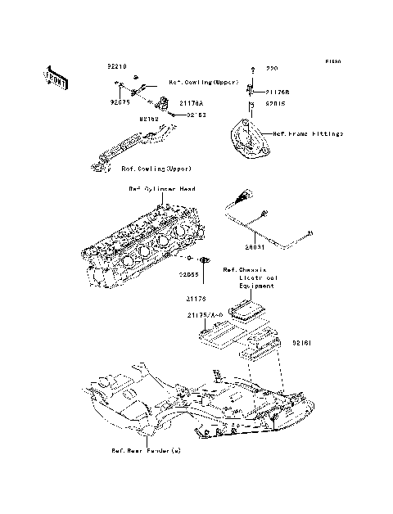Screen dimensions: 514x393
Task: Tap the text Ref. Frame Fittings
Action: (x=307, y=133)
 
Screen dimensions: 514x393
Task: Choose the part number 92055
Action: (x=190, y=275)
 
